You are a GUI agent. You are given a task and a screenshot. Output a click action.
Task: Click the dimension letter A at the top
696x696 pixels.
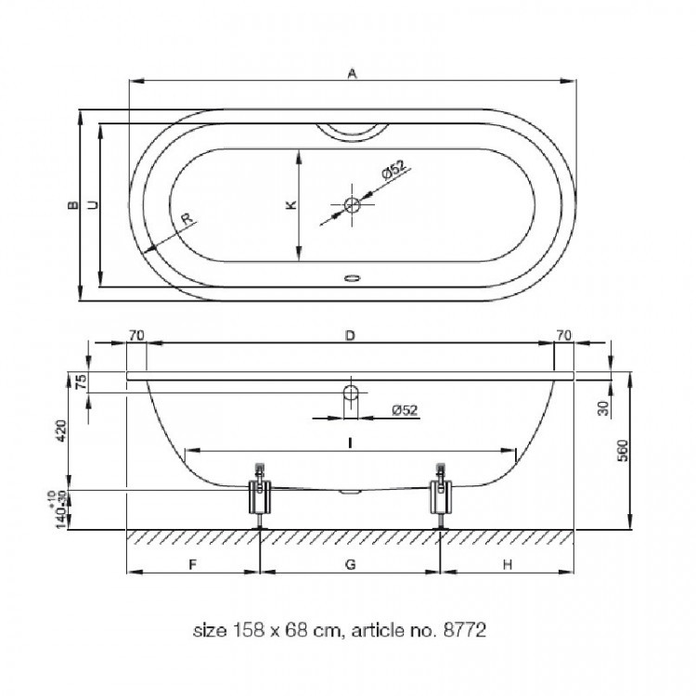click(x=352, y=73)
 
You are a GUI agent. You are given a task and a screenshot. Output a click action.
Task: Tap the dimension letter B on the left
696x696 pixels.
click(x=72, y=205)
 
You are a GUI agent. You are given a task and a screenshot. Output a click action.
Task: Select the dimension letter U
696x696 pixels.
click(x=92, y=205)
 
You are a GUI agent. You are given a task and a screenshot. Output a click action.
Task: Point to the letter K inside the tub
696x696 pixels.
click(x=290, y=205)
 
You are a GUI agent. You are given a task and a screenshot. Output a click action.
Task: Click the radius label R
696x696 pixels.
click(x=187, y=218)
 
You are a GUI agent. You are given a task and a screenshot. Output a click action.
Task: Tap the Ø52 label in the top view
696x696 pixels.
click(x=393, y=169)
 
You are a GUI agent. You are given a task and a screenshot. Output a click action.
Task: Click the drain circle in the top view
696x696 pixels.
click(x=352, y=205)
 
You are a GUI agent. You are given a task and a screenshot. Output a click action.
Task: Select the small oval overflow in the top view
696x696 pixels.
click(x=352, y=278)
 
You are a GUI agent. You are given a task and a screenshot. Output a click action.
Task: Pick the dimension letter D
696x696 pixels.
click(x=350, y=335)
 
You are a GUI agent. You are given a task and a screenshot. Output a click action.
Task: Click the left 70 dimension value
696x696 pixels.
click(x=136, y=335)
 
